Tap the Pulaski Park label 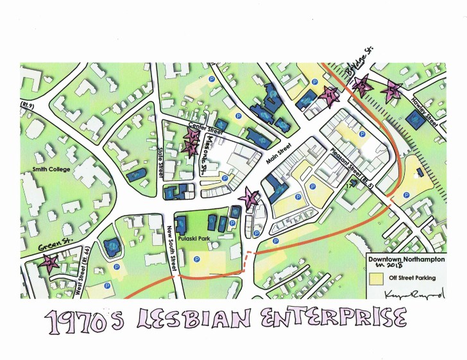[x=192, y=236]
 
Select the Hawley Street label [x=427, y=114]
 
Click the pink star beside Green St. [x=49, y=262]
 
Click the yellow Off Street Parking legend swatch [x=375, y=278]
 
